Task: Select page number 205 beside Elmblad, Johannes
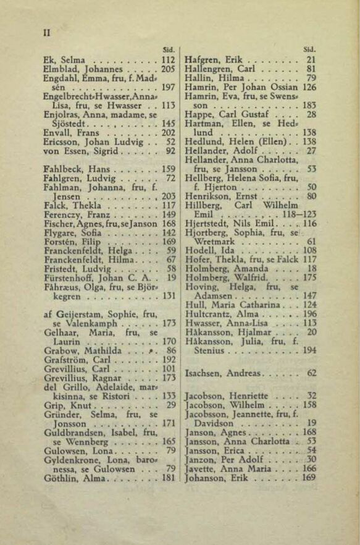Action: click(x=168, y=70)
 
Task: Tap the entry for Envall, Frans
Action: click(x=67, y=132)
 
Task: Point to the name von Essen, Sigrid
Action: click(x=75, y=150)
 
